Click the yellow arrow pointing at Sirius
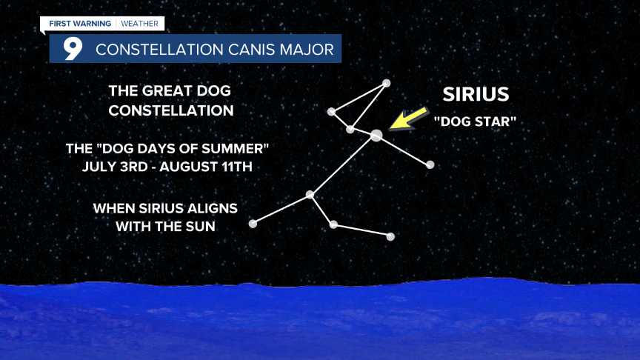pyautogui.click(x=409, y=119)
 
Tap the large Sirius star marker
pyautogui.click(x=376, y=136)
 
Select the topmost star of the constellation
pyautogui.click(x=386, y=84)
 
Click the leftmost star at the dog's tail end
pyautogui.click(x=253, y=224)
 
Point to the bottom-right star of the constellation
pyautogui.click(x=390, y=237)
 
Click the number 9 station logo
pyautogui.click(x=73, y=49)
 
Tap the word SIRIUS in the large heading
pyautogui.click(x=476, y=94)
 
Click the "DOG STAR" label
pyautogui.click(x=475, y=121)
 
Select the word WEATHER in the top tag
pyautogui.click(x=139, y=24)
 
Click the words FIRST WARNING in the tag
pyautogui.click(x=80, y=24)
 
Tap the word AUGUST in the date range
pyautogui.click(x=184, y=167)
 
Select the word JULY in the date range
pyautogui.click(x=95, y=167)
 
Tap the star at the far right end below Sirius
pyautogui.click(x=430, y=165)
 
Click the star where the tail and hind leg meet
pyautogui.click(x=310, y=195)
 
